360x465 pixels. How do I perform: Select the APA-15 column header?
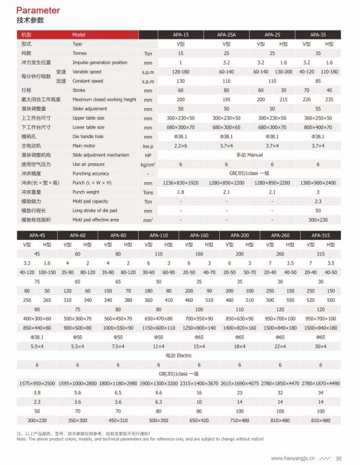[x=181, y=34]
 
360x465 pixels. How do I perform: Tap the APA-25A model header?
[x=227, y=34]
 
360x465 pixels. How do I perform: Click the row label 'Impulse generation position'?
[x=100, y=62]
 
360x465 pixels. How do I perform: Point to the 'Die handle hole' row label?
[x=91, y=136]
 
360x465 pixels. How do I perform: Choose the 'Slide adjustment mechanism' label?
[x=101, y=154]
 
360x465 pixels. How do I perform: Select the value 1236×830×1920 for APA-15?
[x=180, y=182]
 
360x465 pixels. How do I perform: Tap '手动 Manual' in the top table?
[x=250, y=155]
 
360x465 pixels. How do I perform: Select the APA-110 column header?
[x=159, y=235]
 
